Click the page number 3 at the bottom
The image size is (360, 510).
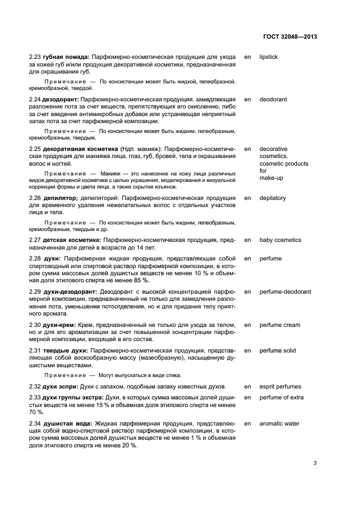click(x=315, y=464)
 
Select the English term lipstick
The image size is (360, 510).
click(x=269, y=57)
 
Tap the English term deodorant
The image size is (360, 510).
click(x=273, y=100)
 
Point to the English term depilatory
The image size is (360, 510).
click(x=272, y=198)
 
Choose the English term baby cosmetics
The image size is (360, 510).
click(x=280, y=240)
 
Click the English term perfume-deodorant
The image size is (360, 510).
click(x=285, y=292)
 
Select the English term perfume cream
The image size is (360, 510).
click(x=279, y=325)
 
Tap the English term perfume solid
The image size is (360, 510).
click(x=278, y=351)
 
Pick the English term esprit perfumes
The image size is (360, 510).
click(x=280, y=387)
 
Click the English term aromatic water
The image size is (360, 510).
click(x=279, y=423)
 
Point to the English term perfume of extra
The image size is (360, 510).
click(x=281, y=397)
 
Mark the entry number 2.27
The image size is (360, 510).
click(x=35, y=240)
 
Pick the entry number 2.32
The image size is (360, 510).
click(x=35, y=387)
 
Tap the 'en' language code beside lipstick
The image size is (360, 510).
click(x=247, y=57)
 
